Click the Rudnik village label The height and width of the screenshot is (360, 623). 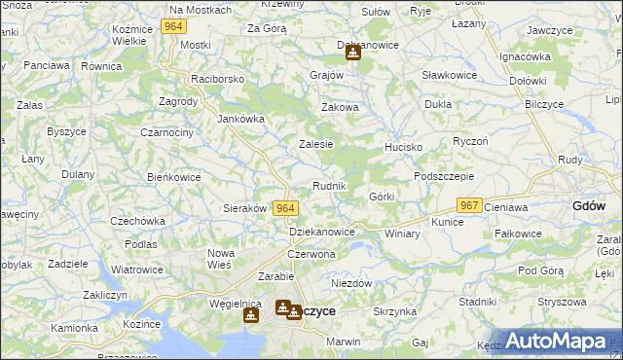[329, 185]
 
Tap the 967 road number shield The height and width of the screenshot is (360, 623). [470, 205]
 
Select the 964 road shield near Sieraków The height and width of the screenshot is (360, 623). [284, 207]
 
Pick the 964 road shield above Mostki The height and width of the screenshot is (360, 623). [174, 26]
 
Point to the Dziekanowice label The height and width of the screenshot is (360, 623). [322, 232]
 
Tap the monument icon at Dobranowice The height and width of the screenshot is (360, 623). [352, 53]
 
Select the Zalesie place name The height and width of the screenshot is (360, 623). [315, 143]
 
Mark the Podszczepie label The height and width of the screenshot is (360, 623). [443, 176]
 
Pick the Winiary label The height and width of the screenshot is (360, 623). [402, 234]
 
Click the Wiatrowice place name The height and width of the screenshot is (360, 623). [136, 270]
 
